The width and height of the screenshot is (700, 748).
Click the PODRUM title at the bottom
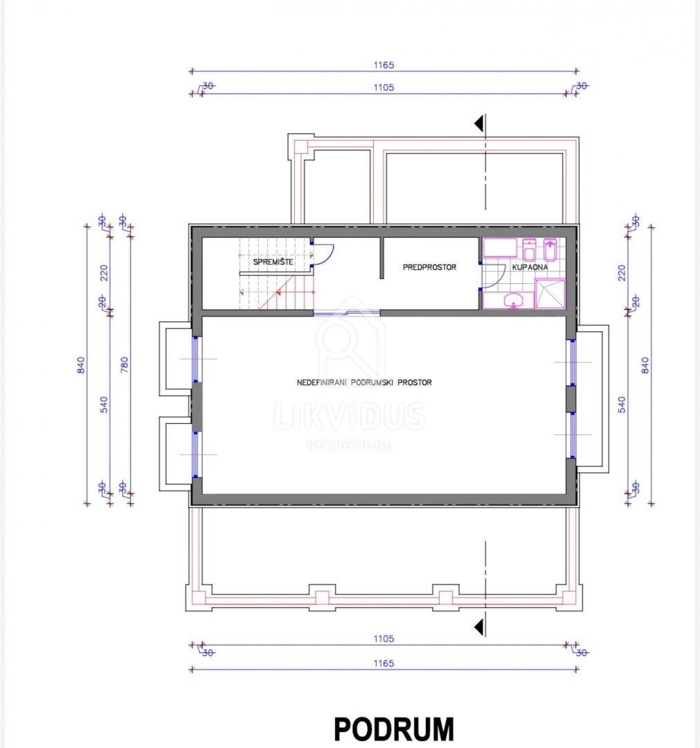(394, 729)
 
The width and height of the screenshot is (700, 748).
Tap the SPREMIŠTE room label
(273, 262)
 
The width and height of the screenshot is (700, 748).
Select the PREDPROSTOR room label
(430, 267)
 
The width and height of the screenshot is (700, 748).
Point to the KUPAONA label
(530, 267)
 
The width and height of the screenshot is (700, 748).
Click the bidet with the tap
(550, 249)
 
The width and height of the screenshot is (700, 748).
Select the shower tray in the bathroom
(550, 294)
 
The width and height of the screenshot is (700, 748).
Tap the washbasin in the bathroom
(514, 301)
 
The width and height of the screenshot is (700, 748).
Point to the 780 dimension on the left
(125, 365)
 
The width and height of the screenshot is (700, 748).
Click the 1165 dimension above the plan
(384, 65)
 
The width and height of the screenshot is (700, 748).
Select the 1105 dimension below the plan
(384, 639)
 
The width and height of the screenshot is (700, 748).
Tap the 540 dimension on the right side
(622, 404)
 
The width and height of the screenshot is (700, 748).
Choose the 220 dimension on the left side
(104, 273)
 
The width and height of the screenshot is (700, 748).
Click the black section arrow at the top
(479, 124)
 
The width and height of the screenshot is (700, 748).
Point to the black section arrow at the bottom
(479, 627)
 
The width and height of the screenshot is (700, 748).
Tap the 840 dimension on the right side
(645, 366)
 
